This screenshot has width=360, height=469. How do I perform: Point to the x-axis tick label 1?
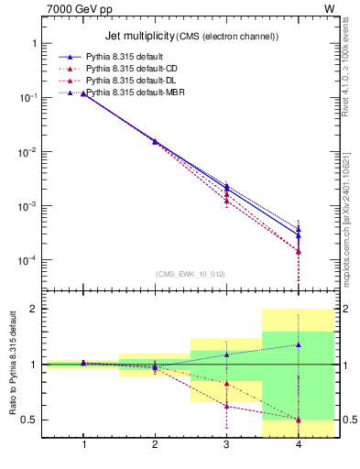(x=84, y=446)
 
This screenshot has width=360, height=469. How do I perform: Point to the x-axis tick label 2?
(x=155, y=446)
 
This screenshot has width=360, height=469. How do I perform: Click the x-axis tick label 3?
(x=226, y=446)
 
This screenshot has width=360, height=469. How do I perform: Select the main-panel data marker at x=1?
(x=84, y=93)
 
